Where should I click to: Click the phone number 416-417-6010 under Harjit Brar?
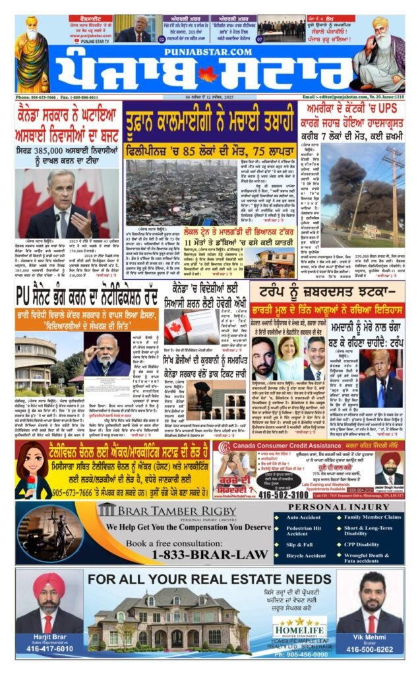(45, 649)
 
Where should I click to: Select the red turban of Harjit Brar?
(44, 583)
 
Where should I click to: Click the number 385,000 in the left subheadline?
(57, 150)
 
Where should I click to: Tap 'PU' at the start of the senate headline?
(26, 291)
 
